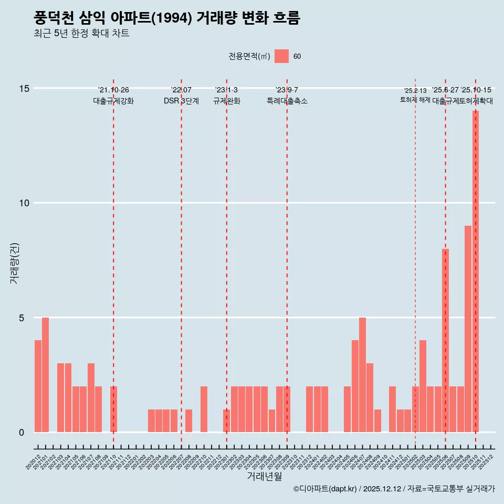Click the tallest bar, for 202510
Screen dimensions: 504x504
pyautogui.click(x=475, y=271)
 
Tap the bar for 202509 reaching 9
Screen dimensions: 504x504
pyautogui.click(x=468, y=329)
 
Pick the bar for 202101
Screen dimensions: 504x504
pyautogui.click(x=45, y=375)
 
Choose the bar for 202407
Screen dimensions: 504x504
pyautogui.click(x=362, y=375)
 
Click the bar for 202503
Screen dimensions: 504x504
pyautogui.click(x=423, y=386)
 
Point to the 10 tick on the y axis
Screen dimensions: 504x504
pyautogui.click(x=21, y=203)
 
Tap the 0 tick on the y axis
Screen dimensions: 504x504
pyautogui.click(x=22, y=433)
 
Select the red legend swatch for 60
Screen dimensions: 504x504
pyautogui.click(x=281, y=56)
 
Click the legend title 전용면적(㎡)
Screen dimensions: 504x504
pyautogui.click(x=249, y=57)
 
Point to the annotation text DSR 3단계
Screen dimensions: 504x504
pyautogui.click(x=181, y=101)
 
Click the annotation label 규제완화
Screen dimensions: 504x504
pyautogui.click(x=226, y=101)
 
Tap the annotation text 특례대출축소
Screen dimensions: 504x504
pyautogui.click(x=287, y=101)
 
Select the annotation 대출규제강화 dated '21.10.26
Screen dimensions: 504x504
pyautogui.click(x=113, y=101)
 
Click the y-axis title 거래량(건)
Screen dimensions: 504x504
pyautogui.click(x=14, y=262)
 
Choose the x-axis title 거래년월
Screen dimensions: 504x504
pyautogui.click(x=265, y=477)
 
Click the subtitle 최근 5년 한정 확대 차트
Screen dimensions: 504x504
pyautogui.click(x=81, y=34)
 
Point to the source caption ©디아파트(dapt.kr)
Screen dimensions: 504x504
pyautogui.click(x=325, y=489)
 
